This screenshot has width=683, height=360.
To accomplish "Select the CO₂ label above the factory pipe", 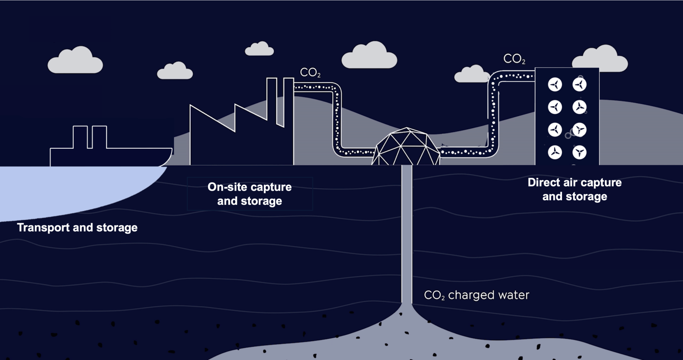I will coord(310,73).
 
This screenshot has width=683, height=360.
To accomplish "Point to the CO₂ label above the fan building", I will coord(514,59).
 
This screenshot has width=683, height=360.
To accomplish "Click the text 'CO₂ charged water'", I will coord(476,295).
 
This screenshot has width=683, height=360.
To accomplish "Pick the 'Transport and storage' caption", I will coord(77,228).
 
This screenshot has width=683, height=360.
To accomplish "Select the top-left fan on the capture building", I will coord(555,85).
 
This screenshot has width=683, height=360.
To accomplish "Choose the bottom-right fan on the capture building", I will coord(579,153).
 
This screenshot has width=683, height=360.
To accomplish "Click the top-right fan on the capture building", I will coord(579,85).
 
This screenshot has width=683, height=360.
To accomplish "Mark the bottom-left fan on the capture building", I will coord(555,153).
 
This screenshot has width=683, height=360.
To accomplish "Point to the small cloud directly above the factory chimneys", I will coord(259,49).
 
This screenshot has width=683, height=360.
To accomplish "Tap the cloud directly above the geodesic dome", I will coord(369,56).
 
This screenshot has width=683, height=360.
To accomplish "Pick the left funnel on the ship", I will coord(80,137).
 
